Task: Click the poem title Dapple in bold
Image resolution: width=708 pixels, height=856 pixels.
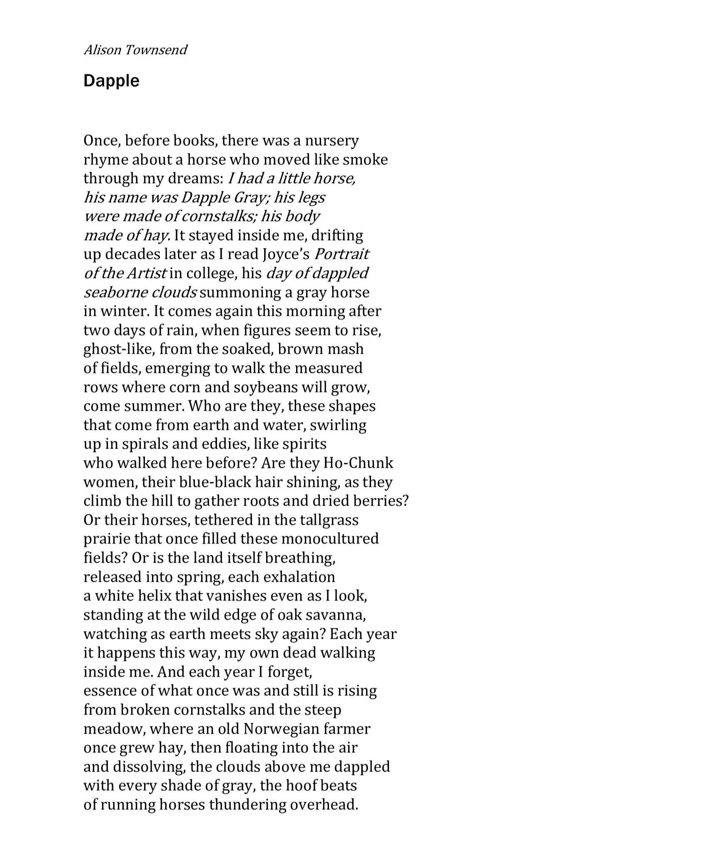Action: [x=111, y=81]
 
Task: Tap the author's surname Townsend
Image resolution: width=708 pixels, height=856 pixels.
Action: [x=156, y=50]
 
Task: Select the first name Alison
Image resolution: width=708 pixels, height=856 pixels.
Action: [x=102, y=50]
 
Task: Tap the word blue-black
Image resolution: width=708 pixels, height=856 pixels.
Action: [x=214, y=482]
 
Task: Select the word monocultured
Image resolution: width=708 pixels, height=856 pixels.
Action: [x=330, y=539]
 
